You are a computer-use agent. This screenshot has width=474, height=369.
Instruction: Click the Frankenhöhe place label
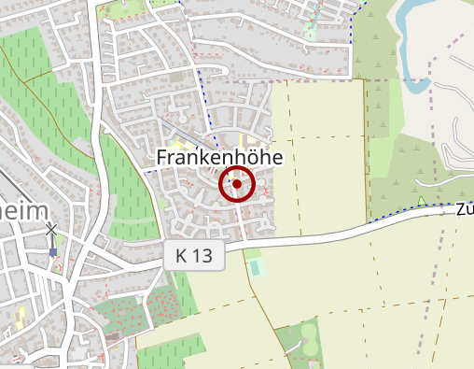tap(219, 158)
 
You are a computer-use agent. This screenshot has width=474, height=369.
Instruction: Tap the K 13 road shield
tap(195, 256)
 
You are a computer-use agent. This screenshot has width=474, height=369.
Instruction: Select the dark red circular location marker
tap(237, 185)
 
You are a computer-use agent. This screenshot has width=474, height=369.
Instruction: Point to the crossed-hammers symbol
tap(51, 230)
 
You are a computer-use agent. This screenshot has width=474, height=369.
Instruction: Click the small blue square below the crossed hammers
tap(53, 251)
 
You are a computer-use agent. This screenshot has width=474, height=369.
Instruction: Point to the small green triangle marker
tap(422, 200)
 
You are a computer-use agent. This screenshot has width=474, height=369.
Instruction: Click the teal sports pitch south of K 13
tap(256, 269)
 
